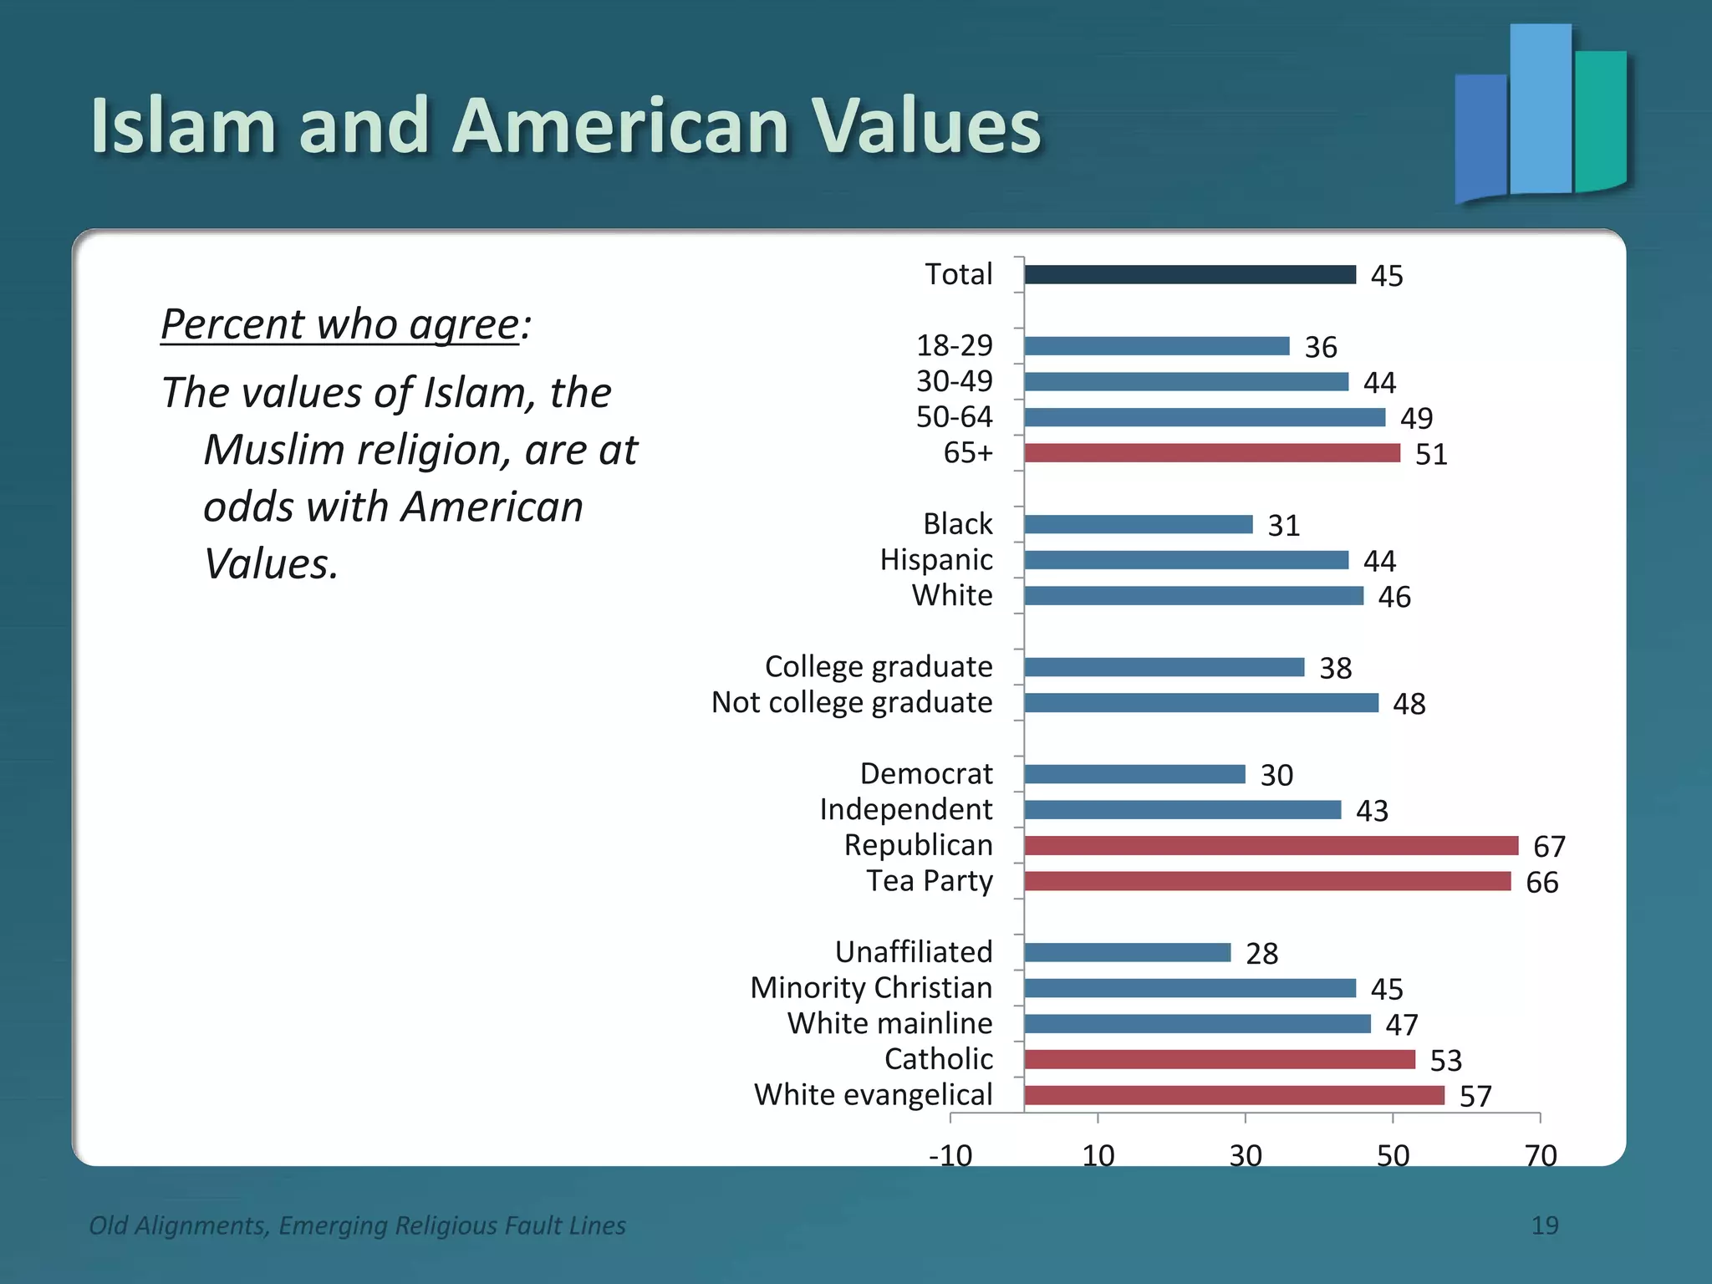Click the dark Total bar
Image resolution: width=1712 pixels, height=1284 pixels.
click(x=1190, y=274)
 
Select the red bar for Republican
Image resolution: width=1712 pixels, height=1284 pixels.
click(x=1271, y=845)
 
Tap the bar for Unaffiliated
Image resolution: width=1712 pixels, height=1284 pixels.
click(x=1127, y=952)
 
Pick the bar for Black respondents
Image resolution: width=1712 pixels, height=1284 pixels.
click(x=1138, y=524)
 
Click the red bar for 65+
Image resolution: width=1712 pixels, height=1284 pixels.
click(x=1211, y=453)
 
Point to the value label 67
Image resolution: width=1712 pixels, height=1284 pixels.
click(x=1548, y=847)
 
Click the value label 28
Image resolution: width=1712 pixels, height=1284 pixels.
click(x=1261, y=954)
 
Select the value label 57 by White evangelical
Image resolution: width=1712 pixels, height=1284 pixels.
click(x=1475, y=1097)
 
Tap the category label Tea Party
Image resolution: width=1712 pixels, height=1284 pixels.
click(x=929, y=881)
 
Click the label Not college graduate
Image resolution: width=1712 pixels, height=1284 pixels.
click(x=851, y=702)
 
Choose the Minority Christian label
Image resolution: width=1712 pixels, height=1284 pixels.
click(x=870, y=987)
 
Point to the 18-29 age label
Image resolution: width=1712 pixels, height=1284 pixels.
click(x=954, y=345)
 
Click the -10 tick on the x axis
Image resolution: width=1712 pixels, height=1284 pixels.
click(x=950, y=1155)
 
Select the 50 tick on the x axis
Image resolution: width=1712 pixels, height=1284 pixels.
click(x=1393, y=1155)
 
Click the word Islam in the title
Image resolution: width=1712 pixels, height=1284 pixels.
click(x=183, y=126)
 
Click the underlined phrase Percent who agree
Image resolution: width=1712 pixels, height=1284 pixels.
click(x=340, y=324)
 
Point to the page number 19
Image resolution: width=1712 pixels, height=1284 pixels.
click(x=1544, y=1225)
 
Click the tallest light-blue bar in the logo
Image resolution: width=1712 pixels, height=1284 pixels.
click(x=1540, y=109)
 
